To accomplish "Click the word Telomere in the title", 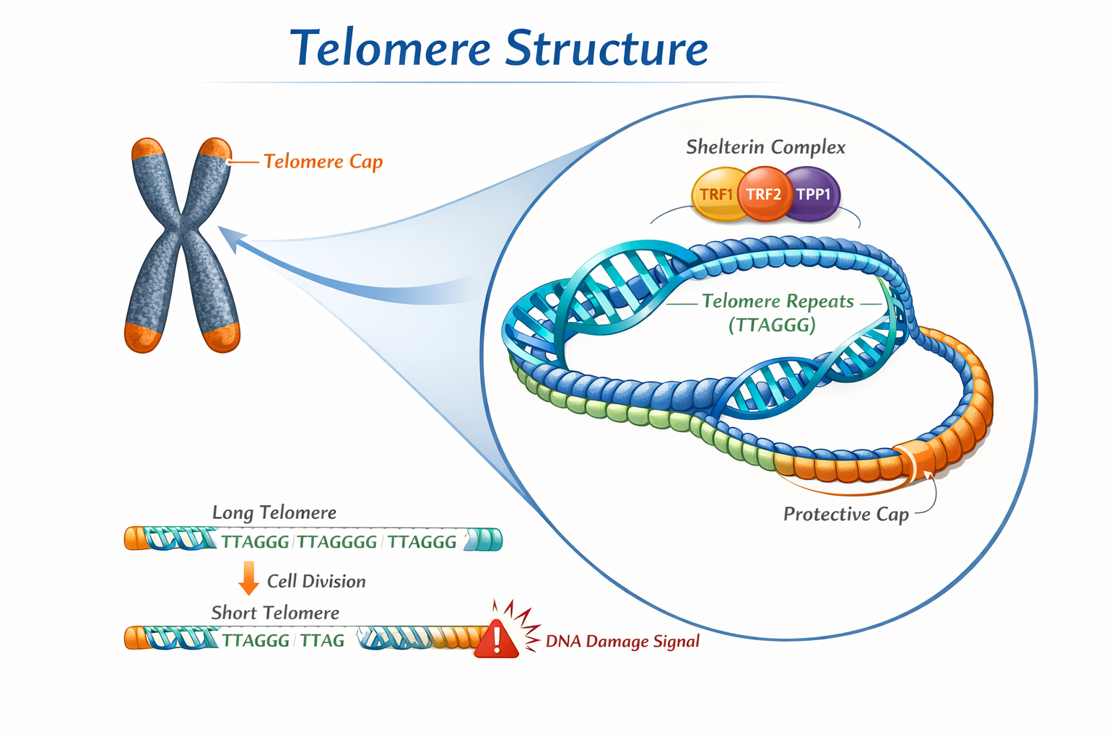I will point(391,48).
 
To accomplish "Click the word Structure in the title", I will point(606,48).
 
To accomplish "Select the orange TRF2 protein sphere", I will point(764,193).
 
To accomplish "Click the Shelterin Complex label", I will point(765,147).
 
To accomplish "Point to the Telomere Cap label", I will point(323,162).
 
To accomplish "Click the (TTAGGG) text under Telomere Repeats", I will point(772,325).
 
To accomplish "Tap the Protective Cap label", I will point(845,514).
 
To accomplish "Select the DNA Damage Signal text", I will point(622,641).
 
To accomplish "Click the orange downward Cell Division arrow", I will point(248,578).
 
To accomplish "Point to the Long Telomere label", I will point(274,512).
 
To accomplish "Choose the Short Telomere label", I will point(275,613).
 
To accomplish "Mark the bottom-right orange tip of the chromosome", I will point(222,337).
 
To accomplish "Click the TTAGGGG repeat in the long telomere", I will point(337,542).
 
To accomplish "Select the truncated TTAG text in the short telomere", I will point(322,641).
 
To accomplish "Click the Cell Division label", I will point(316,582).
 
